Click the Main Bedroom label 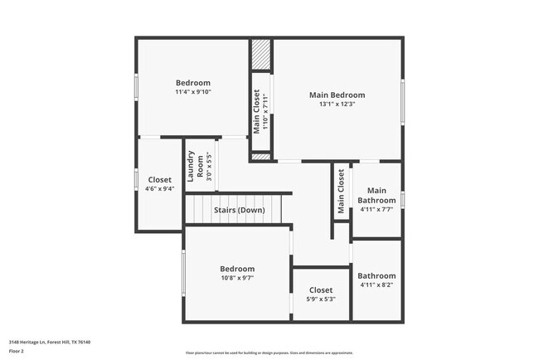click(337, 95)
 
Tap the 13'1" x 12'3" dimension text click(337, 105)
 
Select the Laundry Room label click(191, 165)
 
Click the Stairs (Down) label click(239, 210)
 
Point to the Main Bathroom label click(376, 196)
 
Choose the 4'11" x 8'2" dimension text click(376, 285)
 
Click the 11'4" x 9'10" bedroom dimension click(193, 92)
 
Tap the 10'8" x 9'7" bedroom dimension click(237, 279)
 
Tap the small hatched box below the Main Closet click(261, 156)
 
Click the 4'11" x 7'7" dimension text click(376, 210)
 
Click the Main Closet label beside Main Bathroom click(341, 192)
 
